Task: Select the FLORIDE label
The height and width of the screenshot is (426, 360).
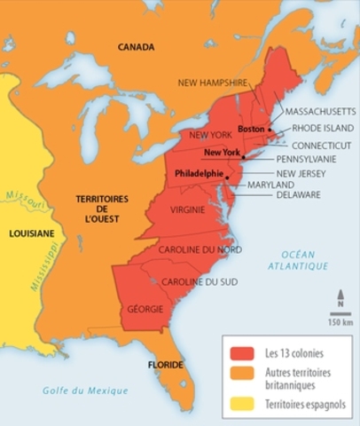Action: tap(165, 365)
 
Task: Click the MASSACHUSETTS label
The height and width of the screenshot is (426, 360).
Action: tap(320, 113)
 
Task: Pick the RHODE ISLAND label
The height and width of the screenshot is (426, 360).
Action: tap(322, 128)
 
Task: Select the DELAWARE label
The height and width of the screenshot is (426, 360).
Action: tap(298, 194)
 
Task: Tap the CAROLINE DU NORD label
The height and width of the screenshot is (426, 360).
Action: tap(200, 249)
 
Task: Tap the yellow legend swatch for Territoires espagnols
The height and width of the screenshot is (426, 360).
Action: tap(239, 404)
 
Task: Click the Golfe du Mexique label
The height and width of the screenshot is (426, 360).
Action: tap(86, 390)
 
